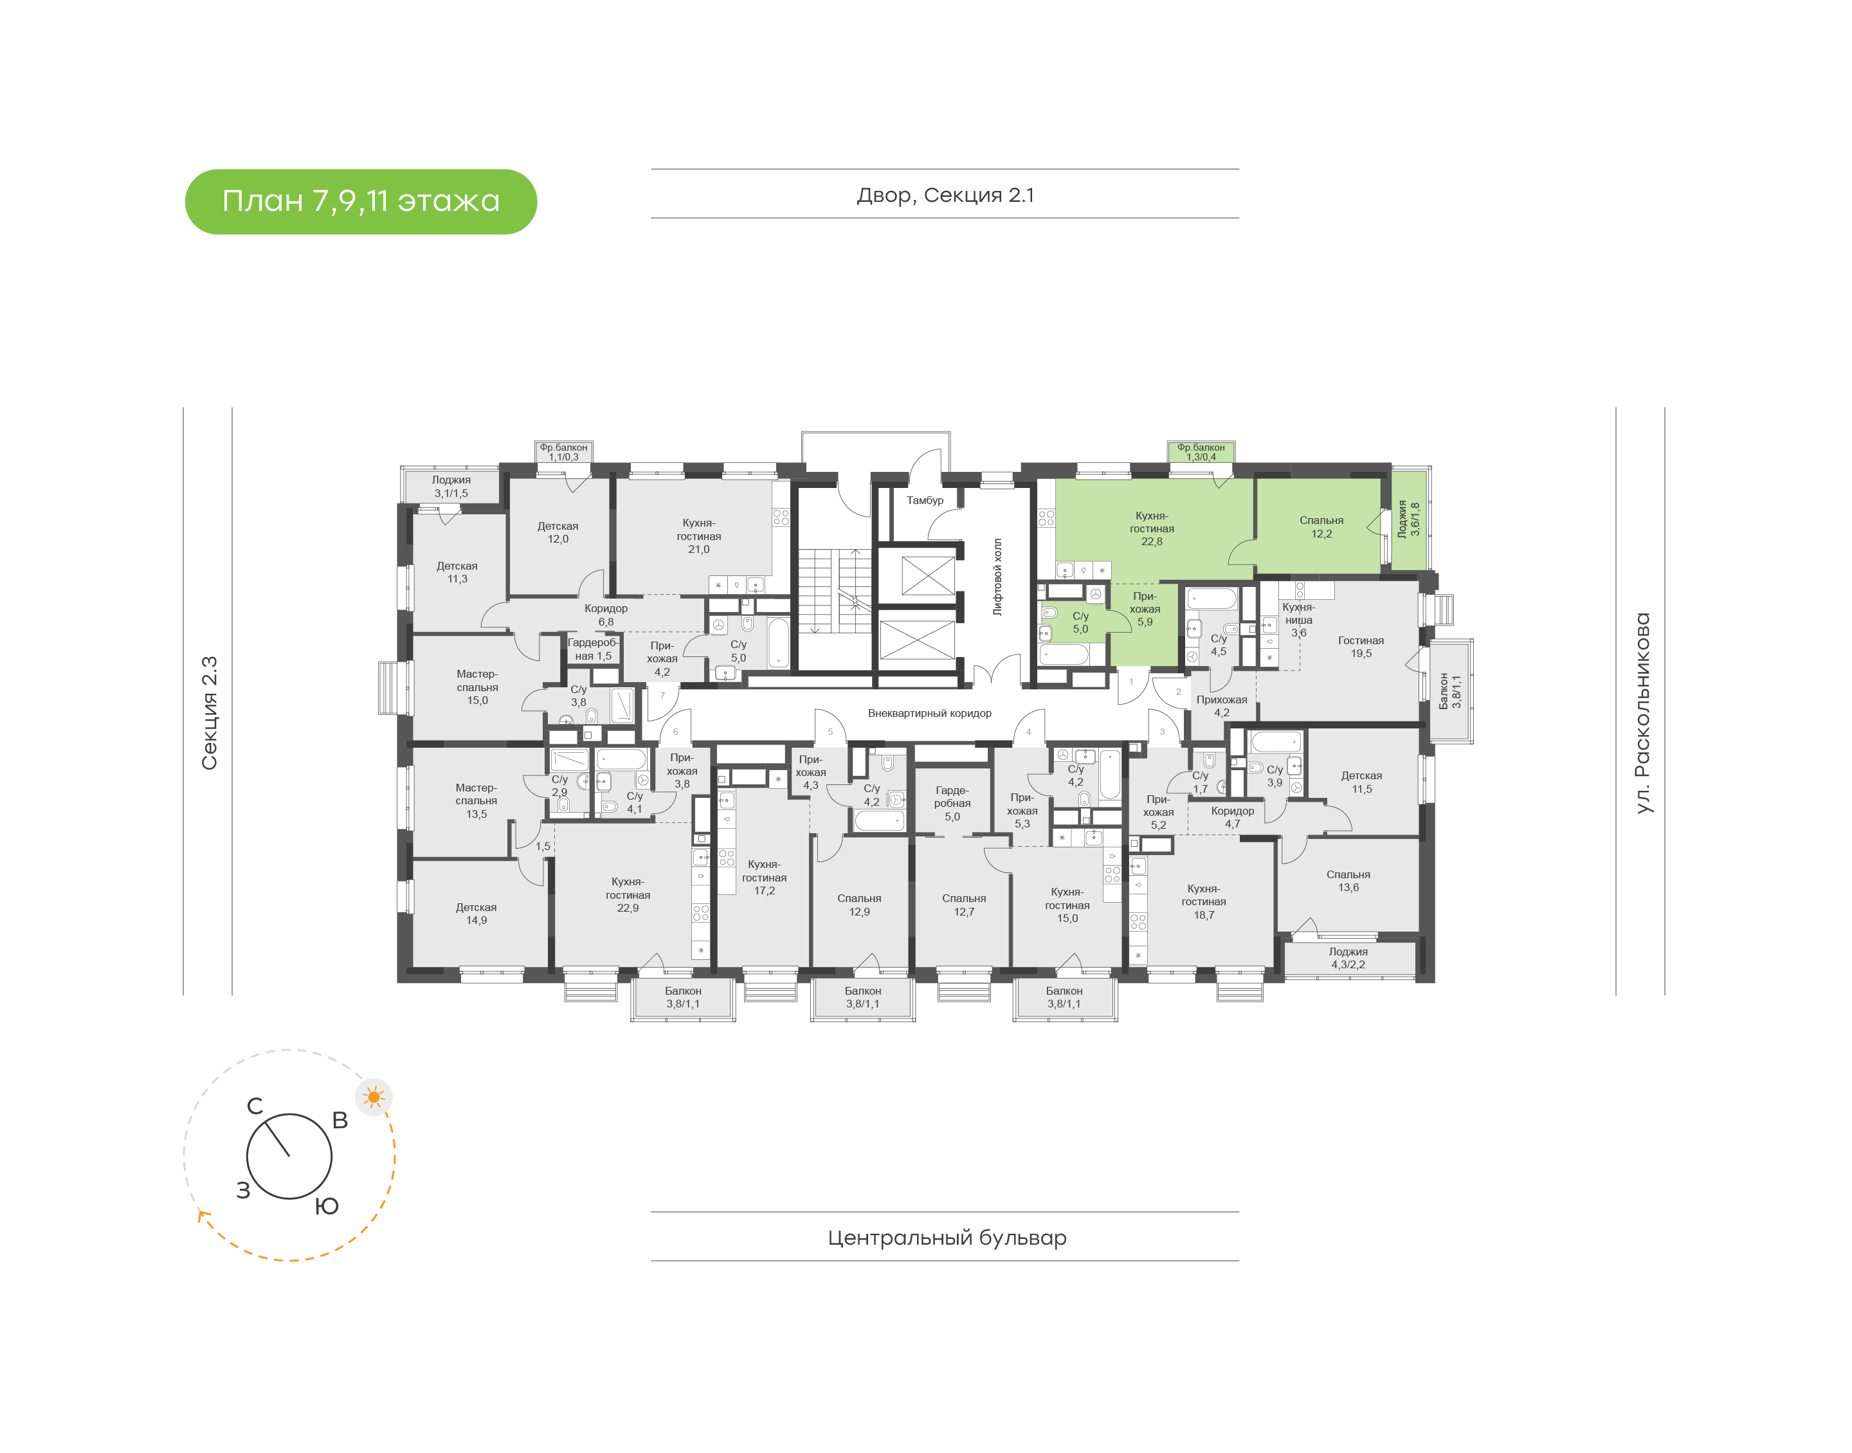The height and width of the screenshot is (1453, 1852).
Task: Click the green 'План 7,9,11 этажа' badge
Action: coord(361,202)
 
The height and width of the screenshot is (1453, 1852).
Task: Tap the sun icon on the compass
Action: coord(374,1097)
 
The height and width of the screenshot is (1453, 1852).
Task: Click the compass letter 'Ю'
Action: coord(327,1206)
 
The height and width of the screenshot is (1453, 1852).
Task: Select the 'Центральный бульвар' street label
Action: coord(947,1238)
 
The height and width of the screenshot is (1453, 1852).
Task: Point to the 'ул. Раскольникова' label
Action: coord(1643,713)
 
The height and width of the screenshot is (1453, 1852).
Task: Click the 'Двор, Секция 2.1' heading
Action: coord(945,195)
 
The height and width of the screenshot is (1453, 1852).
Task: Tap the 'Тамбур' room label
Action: coord(925,500)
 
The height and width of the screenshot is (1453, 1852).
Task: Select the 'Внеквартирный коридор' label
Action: coord(929,713)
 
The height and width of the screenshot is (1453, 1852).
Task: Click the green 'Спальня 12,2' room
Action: coord(1321,527)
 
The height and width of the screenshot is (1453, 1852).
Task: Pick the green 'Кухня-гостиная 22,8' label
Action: coord(1152,528)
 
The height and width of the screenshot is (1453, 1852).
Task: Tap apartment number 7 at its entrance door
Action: coord(662,696)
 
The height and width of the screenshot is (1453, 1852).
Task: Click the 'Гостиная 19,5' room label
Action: coord(1361,647)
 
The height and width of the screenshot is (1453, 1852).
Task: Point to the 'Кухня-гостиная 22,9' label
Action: coord(628,895)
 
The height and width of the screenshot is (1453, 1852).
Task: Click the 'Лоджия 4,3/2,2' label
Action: coord(1348,958)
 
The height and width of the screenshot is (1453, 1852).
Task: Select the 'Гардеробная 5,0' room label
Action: coord(952,803)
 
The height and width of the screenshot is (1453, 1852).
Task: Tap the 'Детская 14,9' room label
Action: coord(477,914)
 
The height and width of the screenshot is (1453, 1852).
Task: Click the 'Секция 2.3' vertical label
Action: coord(209,713)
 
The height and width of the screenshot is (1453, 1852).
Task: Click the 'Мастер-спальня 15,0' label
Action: coord(477,687)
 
